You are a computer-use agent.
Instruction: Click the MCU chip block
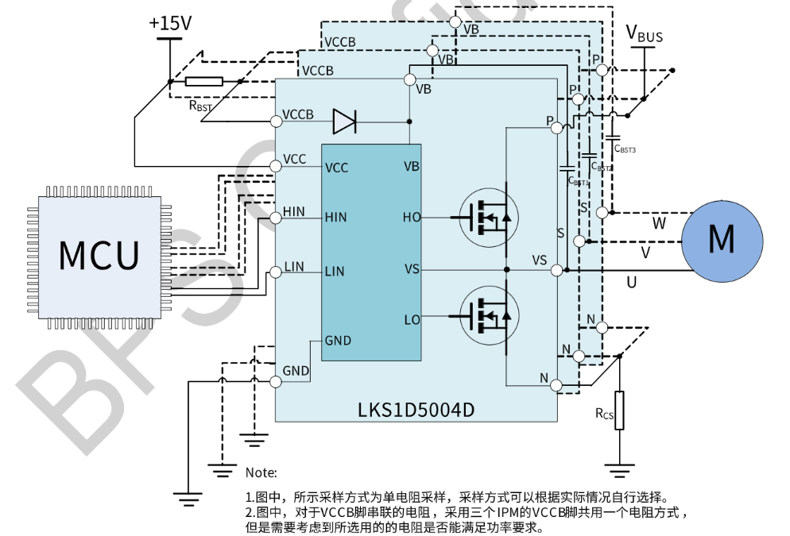(99, 254)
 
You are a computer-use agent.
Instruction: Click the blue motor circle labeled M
(722, 238)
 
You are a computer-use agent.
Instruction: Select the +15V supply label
(170, 24)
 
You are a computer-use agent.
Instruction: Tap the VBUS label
(644, 34)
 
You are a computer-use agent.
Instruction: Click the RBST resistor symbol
(204, 81)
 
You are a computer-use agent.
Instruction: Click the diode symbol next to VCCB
(345, 121)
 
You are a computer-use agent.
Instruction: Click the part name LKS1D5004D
(415, 411)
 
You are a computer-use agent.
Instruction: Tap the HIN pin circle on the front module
(276, 217)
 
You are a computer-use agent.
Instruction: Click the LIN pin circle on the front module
(276, 272)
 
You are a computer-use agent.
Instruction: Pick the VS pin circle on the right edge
(556, 271)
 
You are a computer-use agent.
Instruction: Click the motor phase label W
(659, 225)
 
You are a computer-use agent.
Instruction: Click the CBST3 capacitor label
(625, 148)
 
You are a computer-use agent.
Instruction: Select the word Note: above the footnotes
(261, 472)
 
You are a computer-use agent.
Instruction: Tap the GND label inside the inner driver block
(338, 341)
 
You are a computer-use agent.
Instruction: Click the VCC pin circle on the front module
(276, 165)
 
